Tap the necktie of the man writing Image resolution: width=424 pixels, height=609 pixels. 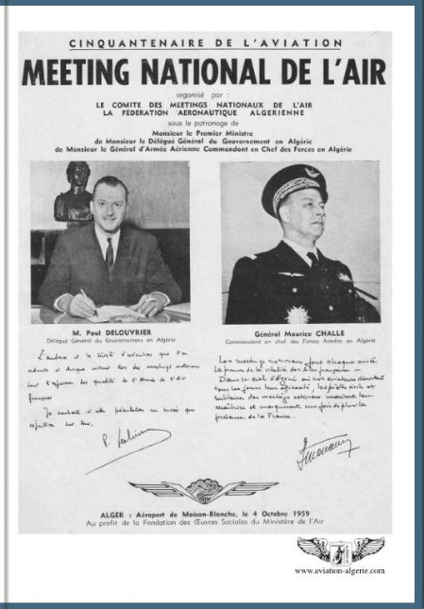point(110,253)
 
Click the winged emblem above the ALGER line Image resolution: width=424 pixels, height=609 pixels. point(204,488)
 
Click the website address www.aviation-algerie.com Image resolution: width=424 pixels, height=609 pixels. point(339,570)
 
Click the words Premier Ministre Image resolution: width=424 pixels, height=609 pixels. point(223,134)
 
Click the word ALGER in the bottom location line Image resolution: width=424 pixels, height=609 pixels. point(134,512)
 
